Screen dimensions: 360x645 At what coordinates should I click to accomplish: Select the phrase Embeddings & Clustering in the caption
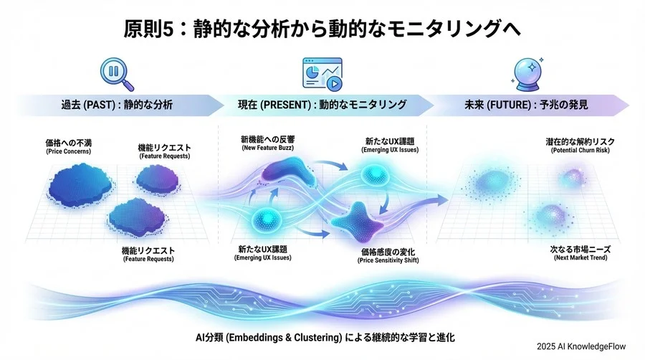tap(282, 336)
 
